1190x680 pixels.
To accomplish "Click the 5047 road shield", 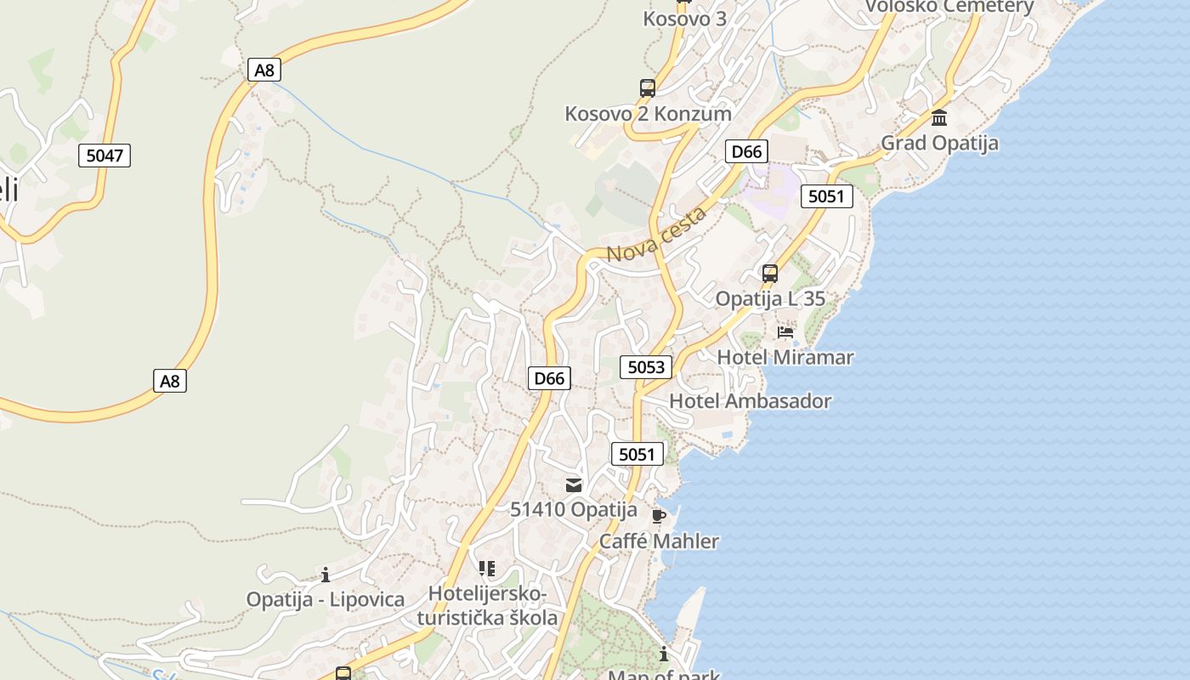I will [x=105, y=156].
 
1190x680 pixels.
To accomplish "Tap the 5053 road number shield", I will [x=646, y=367].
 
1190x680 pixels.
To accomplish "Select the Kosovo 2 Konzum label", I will [x=648, y=113].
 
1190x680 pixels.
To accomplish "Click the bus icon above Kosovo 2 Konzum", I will [x=648, y=88].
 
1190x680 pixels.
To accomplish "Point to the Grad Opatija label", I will [x=939, y=143].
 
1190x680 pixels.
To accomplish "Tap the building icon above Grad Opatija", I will [x=939, y=117].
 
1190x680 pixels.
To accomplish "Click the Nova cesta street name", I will [x=656, y=235].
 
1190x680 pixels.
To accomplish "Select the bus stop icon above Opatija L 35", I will [x=770, y=274].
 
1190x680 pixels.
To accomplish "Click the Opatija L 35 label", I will [x=770, y=299].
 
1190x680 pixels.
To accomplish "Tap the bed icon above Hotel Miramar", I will [x=785, y=331].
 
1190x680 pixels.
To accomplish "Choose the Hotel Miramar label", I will [x=785, y=357].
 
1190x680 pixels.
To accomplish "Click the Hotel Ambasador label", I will [x=751, y=401].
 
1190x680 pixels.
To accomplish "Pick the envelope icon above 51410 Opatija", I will [x=574, y=485].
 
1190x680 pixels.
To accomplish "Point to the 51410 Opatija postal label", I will [x=574, y=510].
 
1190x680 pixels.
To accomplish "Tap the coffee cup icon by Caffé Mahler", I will [x=658, y=516].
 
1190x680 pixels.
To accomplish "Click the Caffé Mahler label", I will [x=659, y=541].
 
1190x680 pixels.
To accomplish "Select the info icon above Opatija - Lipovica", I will [x=325, y=575].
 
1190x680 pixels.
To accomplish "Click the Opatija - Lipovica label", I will [x=326, y=599].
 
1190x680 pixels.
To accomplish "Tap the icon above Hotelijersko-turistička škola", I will [x=487, y=568].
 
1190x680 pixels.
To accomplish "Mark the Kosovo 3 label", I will [x=684, y=19].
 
